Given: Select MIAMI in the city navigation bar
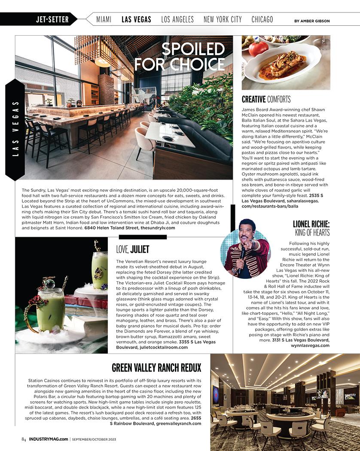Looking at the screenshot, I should tap(104, 19).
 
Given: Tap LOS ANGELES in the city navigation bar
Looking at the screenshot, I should tap(177, 19).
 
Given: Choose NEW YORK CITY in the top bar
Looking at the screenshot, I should tap(223, 19).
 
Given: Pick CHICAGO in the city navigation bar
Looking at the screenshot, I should tap(262, 19).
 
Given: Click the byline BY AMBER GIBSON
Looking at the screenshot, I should tap(312, 21).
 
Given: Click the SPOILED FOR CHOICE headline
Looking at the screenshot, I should tap(180, 57).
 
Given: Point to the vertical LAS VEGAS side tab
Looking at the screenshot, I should tap(15, 129).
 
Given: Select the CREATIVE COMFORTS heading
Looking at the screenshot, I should tap(266, 100).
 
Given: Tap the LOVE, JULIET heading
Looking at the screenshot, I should tap(133, 249).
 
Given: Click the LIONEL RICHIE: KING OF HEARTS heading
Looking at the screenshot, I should tap(311, 228).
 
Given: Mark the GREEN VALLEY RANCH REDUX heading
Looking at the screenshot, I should tap(156, 368).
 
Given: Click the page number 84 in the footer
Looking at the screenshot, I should tap(24, 439).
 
